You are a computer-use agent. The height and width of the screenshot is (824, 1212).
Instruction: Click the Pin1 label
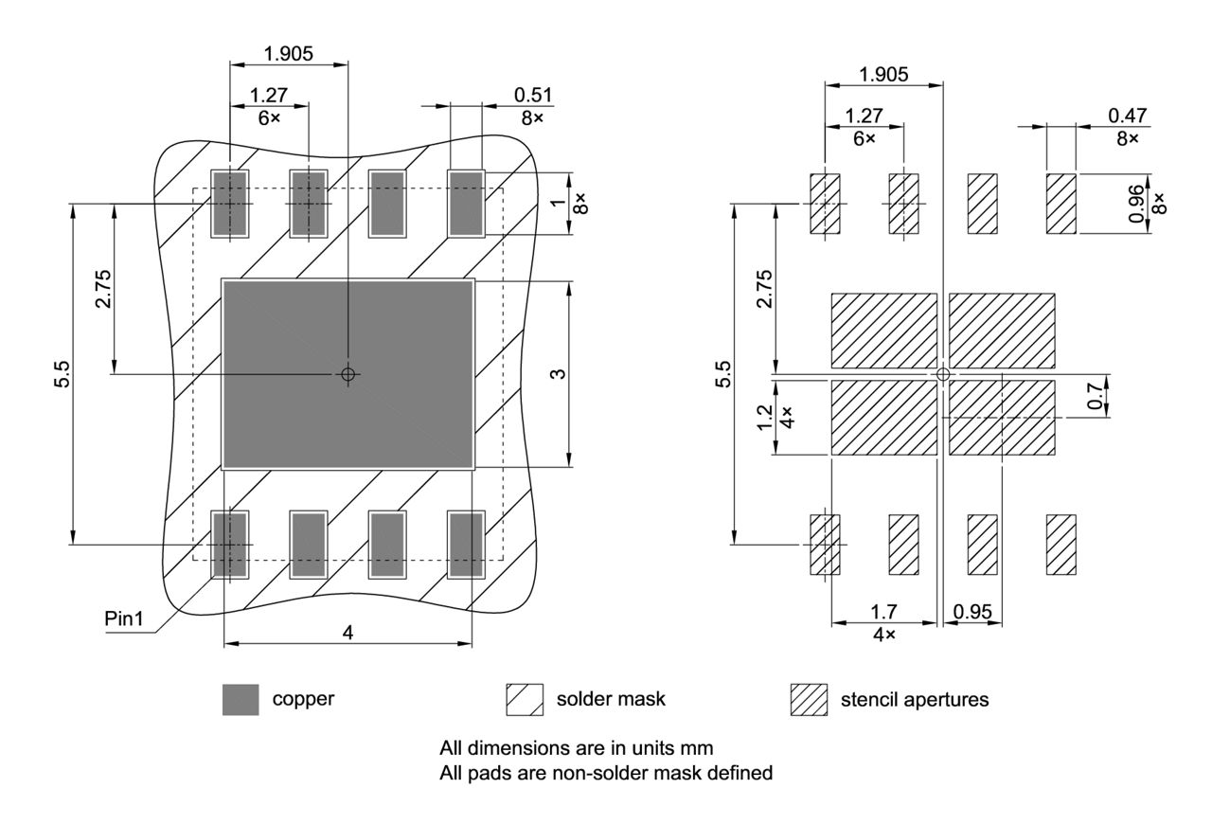click(124, 619)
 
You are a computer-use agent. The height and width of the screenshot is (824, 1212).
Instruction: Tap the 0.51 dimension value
click(532, 95)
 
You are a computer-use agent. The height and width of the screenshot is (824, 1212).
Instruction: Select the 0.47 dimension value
click(1127, 115)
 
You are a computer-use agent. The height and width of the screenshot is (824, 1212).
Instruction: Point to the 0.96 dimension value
click(1137, 203)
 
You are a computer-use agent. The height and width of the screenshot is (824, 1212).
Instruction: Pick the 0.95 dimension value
click(973, 612)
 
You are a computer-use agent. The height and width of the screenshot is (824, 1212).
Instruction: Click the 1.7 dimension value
click(883, 612)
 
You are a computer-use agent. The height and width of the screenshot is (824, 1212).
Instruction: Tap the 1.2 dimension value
click(766, 417)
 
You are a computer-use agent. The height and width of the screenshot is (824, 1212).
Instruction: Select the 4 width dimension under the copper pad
click(348, 633)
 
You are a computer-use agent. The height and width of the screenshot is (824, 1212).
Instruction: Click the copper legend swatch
click(241, 700)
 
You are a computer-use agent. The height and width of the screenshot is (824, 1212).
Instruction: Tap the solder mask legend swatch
click(524, 700)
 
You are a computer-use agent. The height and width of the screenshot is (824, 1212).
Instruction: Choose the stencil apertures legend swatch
click(809, 700)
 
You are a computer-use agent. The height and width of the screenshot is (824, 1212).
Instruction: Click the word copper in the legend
click(303, 700)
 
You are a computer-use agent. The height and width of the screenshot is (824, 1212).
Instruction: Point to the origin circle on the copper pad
click(348, 374)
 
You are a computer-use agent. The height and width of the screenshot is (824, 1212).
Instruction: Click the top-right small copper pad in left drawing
click(466, 204)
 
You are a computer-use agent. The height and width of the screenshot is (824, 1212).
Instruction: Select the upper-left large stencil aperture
click(883, 331)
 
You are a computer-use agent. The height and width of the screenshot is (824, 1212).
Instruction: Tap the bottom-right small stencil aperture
click(1060, 544)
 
